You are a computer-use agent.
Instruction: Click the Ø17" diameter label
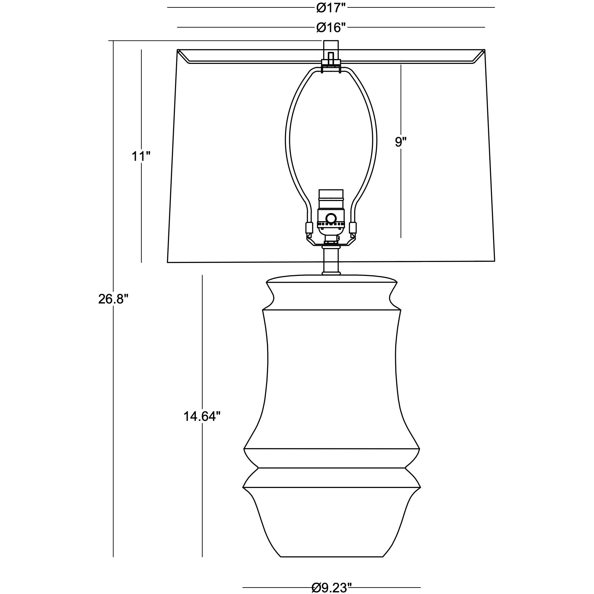331,7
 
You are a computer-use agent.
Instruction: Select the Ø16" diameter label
331,28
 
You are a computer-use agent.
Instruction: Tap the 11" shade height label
141,157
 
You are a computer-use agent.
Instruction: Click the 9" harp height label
400,142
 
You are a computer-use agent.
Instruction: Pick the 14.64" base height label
202,416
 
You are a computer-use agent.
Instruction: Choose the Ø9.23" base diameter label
331,578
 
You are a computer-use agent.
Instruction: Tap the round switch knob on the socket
331,218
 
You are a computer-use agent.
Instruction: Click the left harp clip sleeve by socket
309,228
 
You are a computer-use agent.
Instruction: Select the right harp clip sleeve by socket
353,228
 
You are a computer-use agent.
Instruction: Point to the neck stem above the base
331,262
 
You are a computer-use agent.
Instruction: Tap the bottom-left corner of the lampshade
168,262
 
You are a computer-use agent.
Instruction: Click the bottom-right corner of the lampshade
494,260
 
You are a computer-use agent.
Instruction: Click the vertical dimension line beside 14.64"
202,357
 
